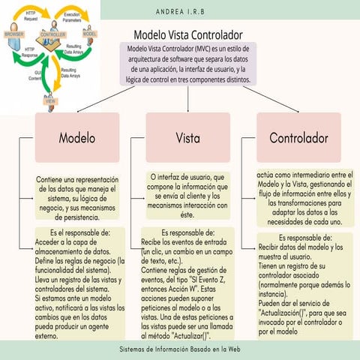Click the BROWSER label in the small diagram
click(x=14, y=34)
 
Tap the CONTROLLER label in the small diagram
click(x=53, y=34)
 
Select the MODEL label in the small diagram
click(x=90, y=34)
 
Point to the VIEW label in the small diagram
click(x=51, y=100)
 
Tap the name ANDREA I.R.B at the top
click(x=190, y=11)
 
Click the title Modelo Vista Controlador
click(x=187, y=34)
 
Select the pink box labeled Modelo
click(x=77, y=139)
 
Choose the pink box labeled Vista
click(x=187, y=139)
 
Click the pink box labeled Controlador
click(x=298, y=139)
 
